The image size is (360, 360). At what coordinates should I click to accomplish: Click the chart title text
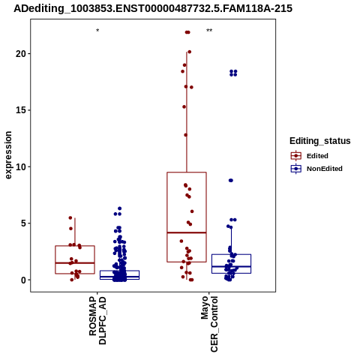point(153,8)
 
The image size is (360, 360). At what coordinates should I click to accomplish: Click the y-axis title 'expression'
point(8,155)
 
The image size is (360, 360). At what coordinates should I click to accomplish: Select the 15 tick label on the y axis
point(20,110)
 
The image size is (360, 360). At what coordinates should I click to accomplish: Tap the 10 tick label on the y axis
point(20,166)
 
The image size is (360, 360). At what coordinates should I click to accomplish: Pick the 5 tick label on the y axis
point(23,223)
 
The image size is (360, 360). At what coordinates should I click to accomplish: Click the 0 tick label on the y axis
point(23,280)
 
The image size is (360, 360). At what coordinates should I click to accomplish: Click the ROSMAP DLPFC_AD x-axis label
point(97,320)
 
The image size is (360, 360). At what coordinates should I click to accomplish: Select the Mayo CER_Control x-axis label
point(209,324)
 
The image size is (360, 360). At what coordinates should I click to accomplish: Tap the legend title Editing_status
point(320,141)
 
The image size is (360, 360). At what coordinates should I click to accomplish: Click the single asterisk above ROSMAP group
point(97,31)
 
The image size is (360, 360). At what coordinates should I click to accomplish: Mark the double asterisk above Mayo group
point(209,31)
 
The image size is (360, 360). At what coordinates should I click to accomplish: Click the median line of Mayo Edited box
point(187,232)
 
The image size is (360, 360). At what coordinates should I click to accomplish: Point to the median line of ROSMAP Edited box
point(75,262)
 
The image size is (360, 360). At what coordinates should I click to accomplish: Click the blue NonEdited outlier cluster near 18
point(233,73)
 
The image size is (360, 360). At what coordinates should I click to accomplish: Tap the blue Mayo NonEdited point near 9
point(231,180)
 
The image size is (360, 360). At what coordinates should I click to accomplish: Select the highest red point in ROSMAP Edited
point(70,217)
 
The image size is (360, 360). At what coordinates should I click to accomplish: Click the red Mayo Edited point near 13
point(186,135)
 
